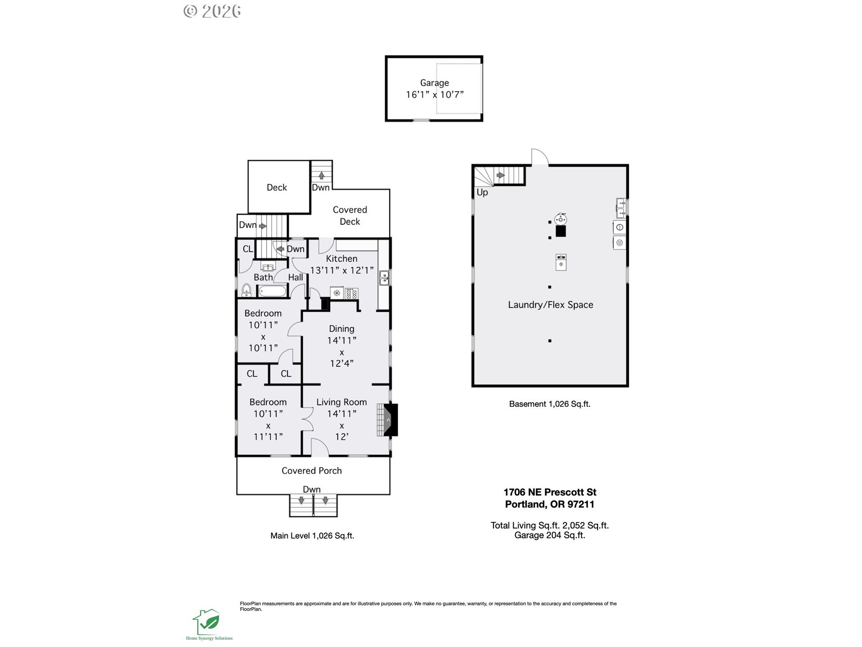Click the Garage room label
click(434, 83)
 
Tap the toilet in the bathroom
click(246, 290)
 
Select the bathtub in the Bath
click(273, 291)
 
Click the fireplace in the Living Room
click(387, 420)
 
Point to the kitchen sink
click(384, 278)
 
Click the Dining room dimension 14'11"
click(342, 341)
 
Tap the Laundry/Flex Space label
click(550, 305)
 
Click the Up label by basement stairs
click(482, 192)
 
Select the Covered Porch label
click(312, 470)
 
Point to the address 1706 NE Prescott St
click(550, 492)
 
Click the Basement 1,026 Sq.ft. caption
click(550, 404)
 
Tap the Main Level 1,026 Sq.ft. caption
click(312, 536)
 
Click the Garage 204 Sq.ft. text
click(550, 535)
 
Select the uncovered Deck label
click(277, 187)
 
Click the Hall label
click(295, 277)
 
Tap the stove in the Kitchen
click(352, 293)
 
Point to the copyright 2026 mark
click(212, 11)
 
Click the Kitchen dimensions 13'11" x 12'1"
click(342, 270)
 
